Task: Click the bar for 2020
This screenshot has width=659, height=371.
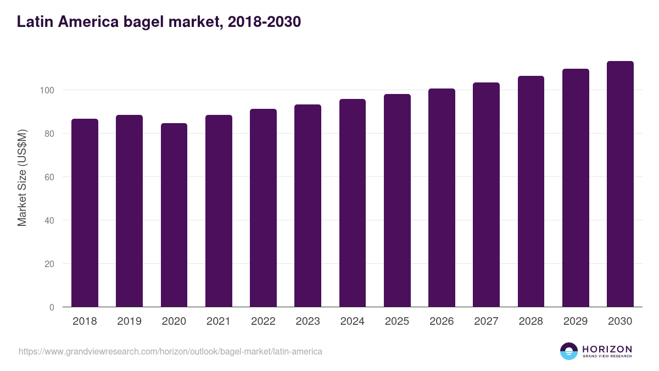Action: (174, 215)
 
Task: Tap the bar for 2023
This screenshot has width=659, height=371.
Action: (308, 206)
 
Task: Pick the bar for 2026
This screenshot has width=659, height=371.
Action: (442, 198)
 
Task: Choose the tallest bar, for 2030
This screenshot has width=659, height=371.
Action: (620, 184)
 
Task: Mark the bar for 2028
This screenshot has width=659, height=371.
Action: (531, 192)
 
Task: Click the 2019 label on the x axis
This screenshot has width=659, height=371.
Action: (129, 322)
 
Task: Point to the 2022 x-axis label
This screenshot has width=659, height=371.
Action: (263, 322)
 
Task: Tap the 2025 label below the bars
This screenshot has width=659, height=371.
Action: (397, 322)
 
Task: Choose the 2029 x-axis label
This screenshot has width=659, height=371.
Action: (576, 322)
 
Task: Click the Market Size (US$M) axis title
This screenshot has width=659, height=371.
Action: (23, 177)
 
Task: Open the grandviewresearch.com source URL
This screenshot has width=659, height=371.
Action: (170, 351)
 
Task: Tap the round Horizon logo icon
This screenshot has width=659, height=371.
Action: (569, 351)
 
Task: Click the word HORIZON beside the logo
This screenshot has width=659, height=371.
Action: (607, 349)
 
